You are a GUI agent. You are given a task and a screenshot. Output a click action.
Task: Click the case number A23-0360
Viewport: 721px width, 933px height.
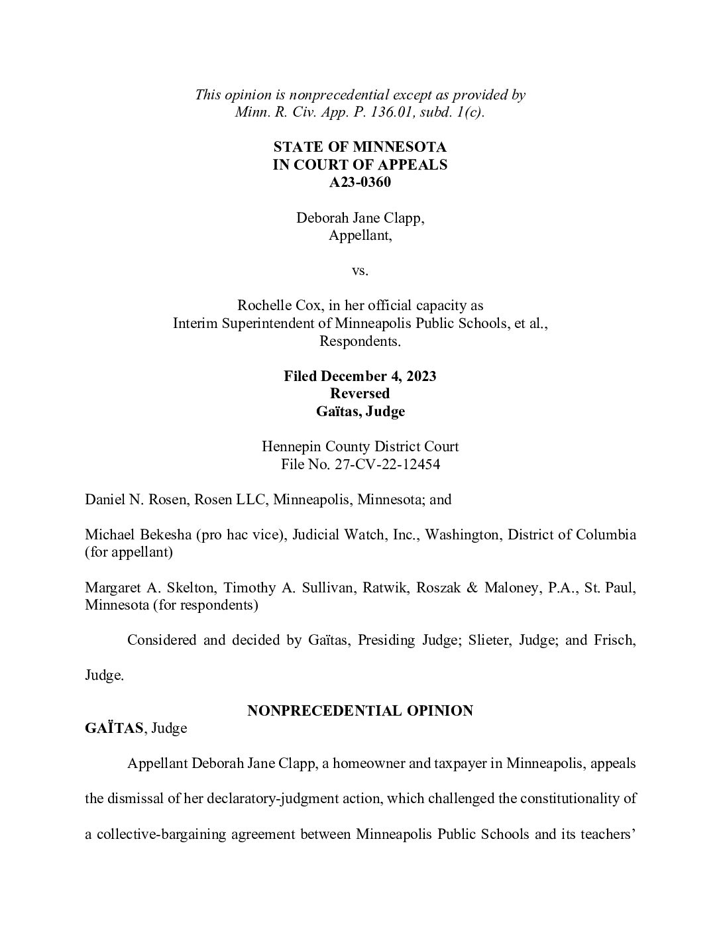(360, 182)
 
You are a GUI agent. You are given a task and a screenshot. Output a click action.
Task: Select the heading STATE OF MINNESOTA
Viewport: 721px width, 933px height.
(360, 147)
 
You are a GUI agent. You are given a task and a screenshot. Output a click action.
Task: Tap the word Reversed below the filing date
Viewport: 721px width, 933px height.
(360, 394)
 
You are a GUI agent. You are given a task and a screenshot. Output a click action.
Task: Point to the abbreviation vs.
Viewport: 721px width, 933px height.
(360, 271)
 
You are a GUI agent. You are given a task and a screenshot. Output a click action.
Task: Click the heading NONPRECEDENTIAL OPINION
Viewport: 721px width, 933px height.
(360, 711)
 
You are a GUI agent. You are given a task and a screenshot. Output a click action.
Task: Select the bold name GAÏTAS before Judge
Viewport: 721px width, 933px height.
(114, 728)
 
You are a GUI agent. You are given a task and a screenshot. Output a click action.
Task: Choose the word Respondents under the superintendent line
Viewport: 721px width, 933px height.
(360, 342)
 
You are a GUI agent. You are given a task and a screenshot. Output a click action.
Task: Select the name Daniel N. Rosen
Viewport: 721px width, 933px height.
(135, 500)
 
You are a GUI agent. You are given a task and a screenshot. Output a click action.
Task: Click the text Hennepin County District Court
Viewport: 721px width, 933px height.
(360, 447)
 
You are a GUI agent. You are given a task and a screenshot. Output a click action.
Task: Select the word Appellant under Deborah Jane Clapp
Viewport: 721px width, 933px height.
(360, 235)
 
